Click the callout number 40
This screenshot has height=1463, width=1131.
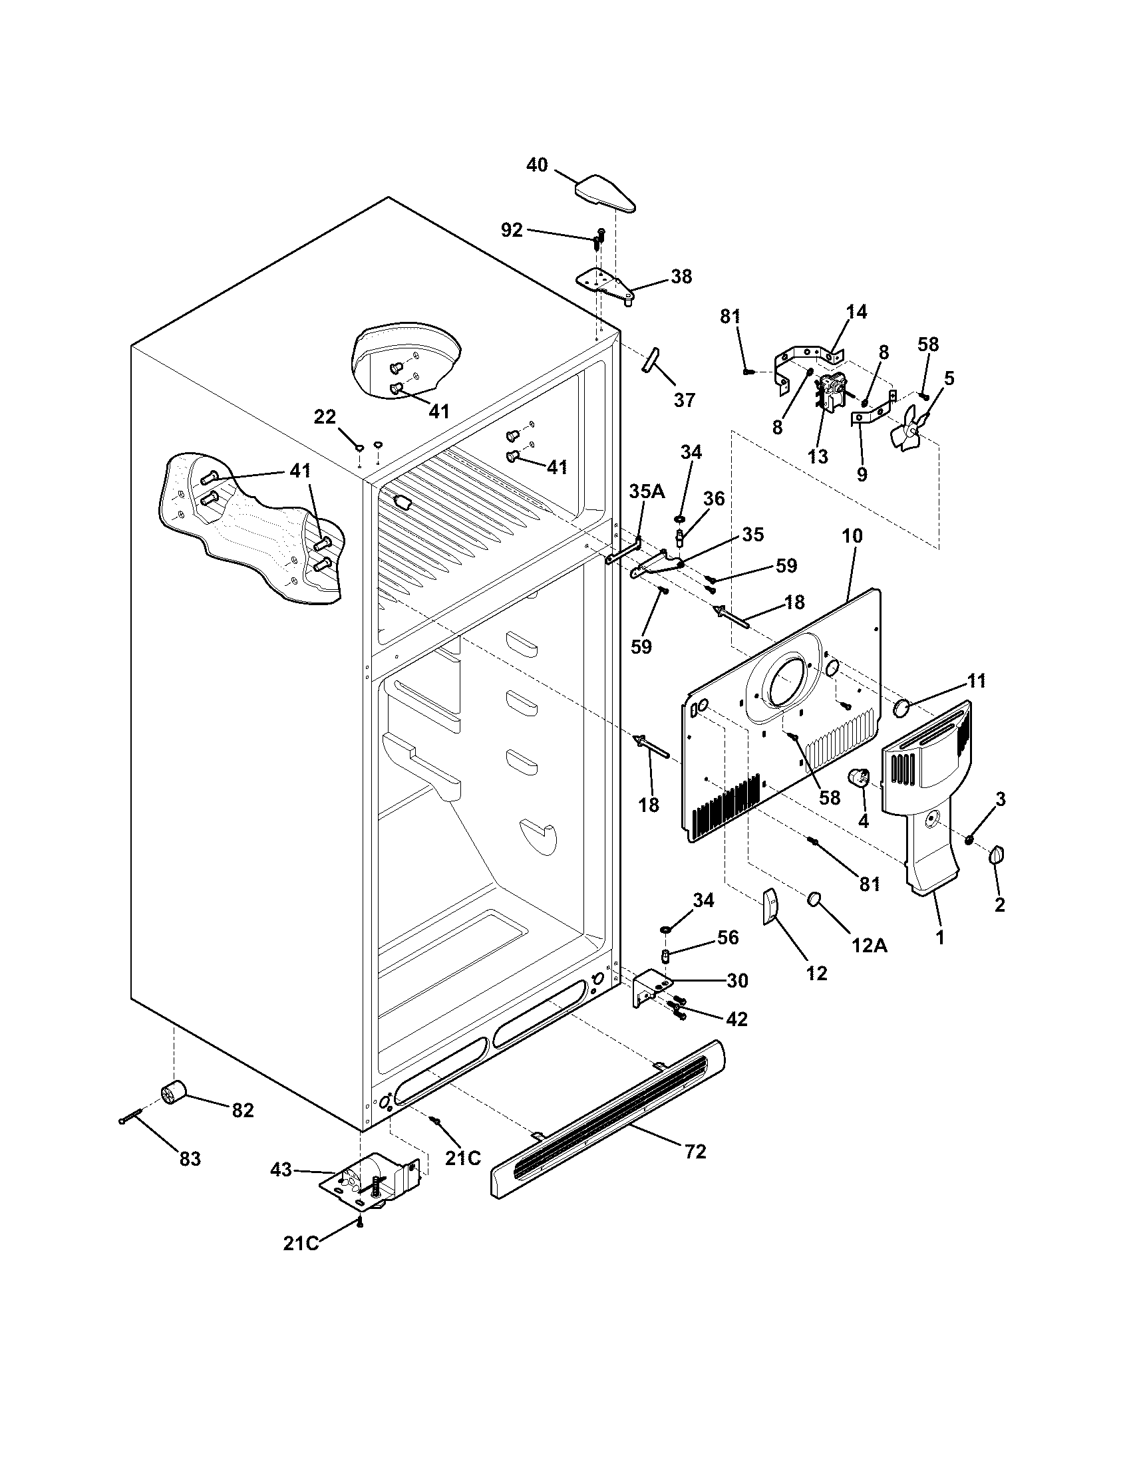click(537, 165)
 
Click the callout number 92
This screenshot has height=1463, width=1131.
click(512, 231)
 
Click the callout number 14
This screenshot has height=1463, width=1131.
click(856, 311)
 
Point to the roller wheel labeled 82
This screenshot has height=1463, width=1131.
click(174, 1095)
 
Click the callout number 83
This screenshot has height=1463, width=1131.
click(190, 1159)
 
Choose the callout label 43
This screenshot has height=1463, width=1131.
click(281, 1170)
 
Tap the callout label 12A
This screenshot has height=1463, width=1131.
click(869, 945)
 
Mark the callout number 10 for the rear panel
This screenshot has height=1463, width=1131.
click(852, 536)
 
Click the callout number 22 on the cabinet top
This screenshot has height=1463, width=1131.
click(325, 417)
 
